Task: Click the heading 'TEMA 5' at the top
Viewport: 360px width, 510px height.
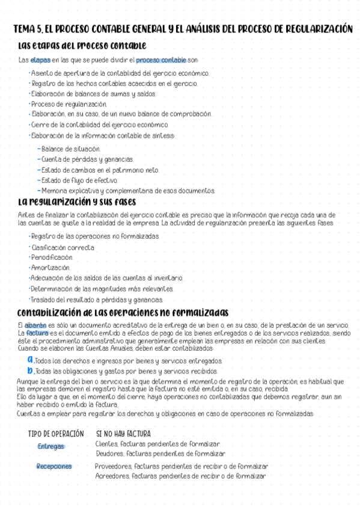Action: point(26,29)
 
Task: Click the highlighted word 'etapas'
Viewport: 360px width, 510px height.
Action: point(40,60)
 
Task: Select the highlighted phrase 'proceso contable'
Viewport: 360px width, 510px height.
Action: point(160,60)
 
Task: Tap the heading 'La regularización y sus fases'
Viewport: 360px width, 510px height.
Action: point(78,201)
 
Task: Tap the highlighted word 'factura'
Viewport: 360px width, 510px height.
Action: point(37,333)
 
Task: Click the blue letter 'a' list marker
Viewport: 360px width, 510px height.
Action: point(30,359)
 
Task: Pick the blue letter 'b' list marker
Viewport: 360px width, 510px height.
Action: point(30,370)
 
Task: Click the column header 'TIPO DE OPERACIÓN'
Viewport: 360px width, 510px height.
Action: point(56,434)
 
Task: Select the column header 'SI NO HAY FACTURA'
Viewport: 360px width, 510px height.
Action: point(123,434)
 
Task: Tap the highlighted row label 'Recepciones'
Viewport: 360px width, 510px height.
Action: point(54,466)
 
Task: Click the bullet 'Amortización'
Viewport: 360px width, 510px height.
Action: point(50,267)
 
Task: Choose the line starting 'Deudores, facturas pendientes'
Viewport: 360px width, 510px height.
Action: point(160,453)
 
